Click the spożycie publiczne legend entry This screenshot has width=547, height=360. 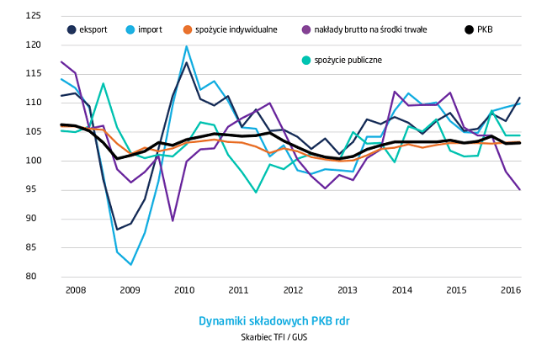click(x=348, y=60)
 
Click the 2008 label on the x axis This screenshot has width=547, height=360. click(x=76, y=290)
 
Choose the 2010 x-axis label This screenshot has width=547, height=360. click(x=184, y=290)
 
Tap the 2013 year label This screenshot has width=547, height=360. click(x=348, y=290)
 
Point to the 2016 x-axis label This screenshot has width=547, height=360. click(x=510, y=290)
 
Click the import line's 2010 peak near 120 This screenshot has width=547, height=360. click(x=186, y=47)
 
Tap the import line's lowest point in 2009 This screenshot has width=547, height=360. click(x=131, y=265)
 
